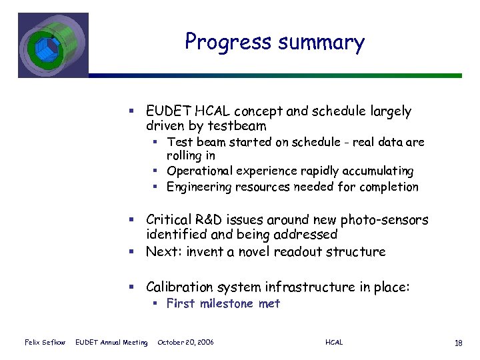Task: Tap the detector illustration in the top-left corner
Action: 53,45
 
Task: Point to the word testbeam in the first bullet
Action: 238,126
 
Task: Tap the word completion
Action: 389,187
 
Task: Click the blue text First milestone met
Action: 223,304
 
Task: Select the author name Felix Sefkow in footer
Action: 45,343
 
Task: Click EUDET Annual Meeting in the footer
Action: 111,343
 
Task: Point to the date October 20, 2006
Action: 186,343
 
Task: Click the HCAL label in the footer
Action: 334,343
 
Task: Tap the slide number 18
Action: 458,343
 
